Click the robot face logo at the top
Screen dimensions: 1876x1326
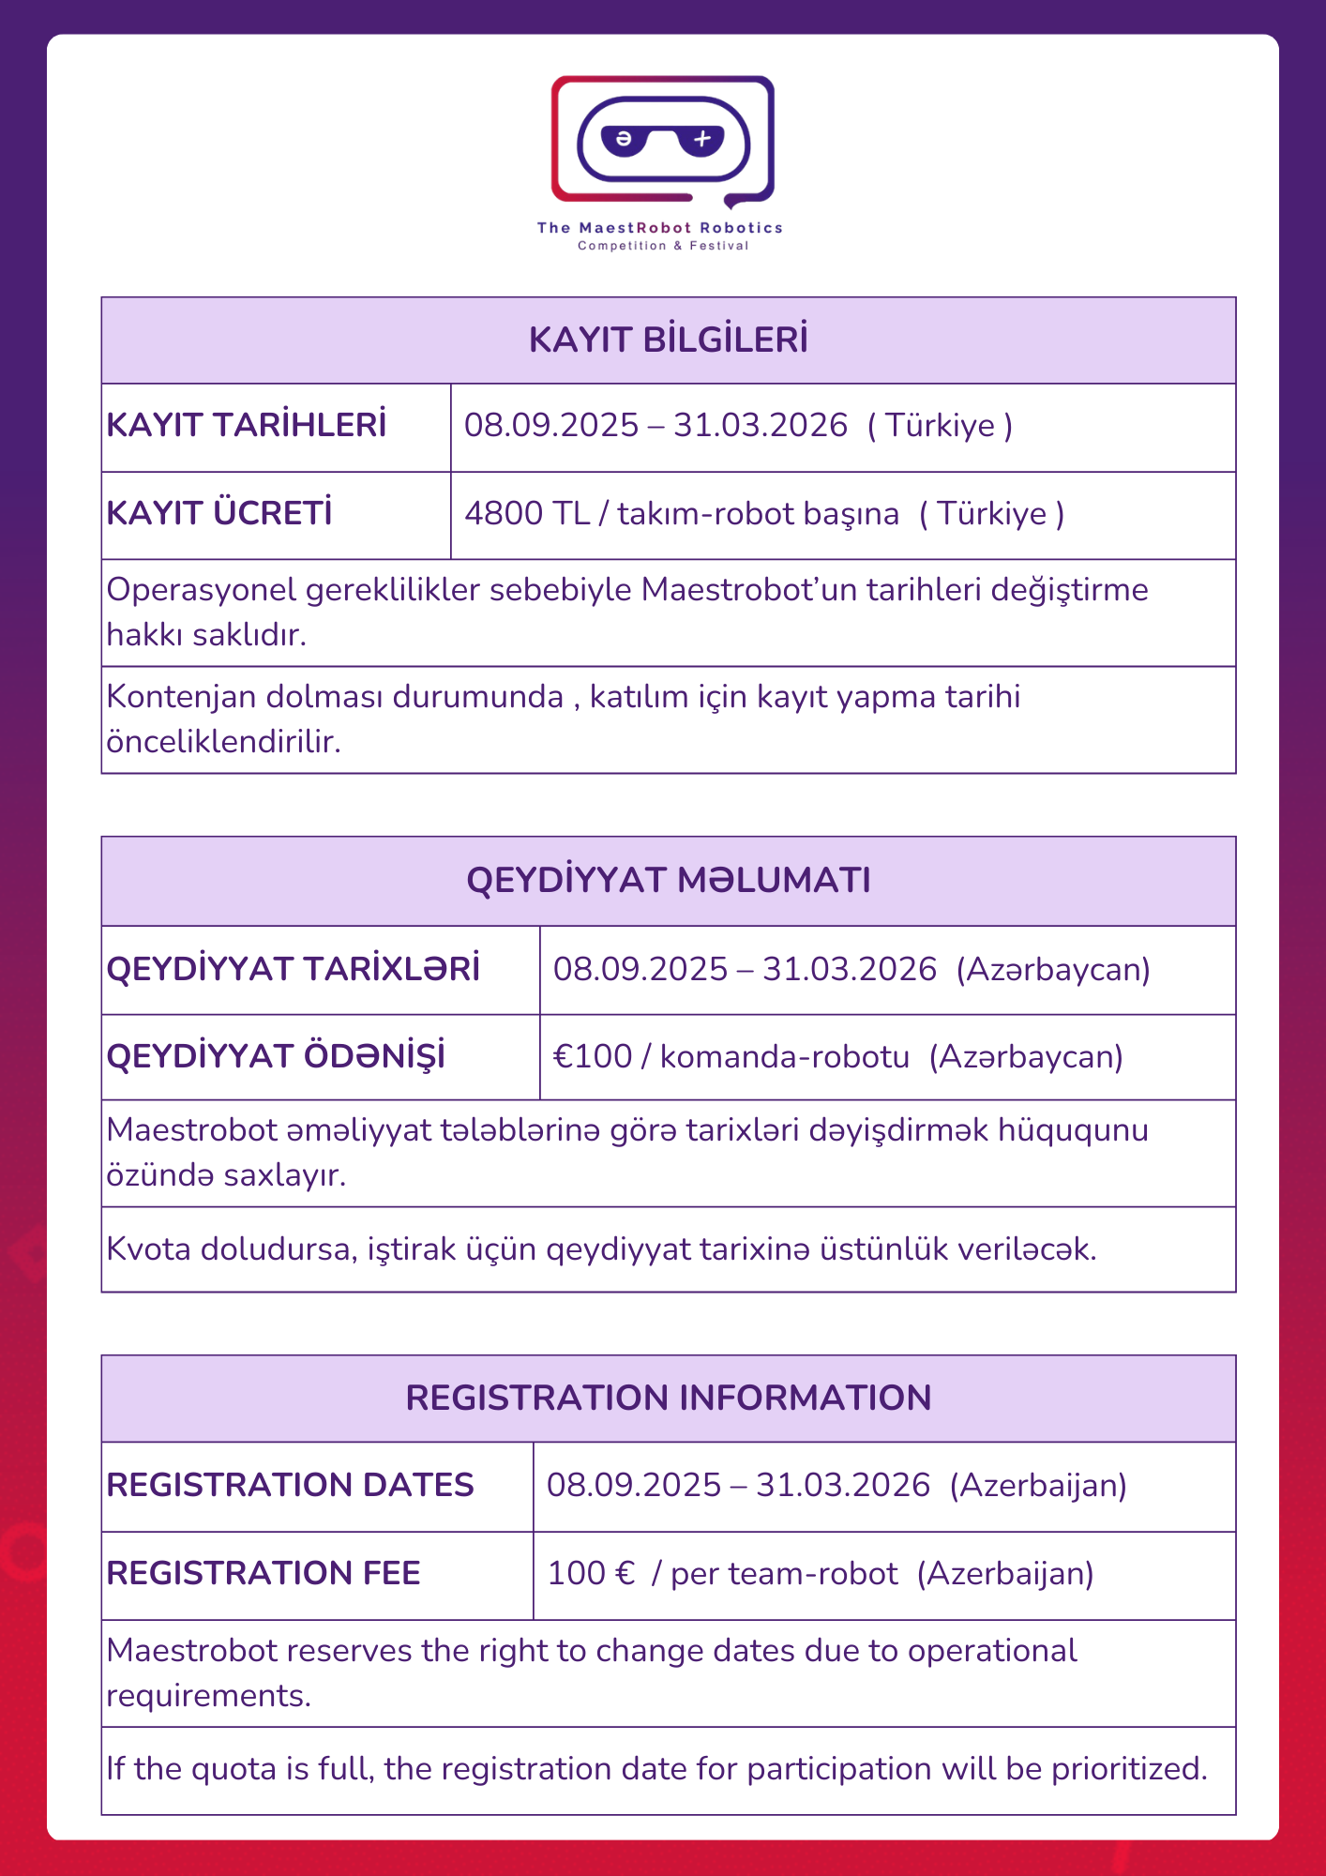(662, 141)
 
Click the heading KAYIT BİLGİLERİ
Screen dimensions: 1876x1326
(668, 340)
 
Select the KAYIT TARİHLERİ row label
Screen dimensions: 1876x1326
(247, 425)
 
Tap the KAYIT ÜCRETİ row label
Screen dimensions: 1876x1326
(219, 513)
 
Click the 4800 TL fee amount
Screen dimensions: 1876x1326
(526, 514)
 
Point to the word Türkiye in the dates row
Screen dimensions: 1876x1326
(940, 426)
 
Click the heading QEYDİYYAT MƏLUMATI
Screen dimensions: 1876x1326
(668, 880)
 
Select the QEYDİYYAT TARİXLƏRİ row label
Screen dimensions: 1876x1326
(293, 969)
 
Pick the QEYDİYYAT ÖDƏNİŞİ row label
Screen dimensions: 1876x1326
(276, 1056)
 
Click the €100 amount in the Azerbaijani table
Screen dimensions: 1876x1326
(593, 1057)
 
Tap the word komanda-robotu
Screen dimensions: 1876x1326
(784, 1057)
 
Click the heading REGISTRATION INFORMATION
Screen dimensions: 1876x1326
(668, 1398)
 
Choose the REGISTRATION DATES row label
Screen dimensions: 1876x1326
(290, 1485)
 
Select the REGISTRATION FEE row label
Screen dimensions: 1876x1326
(264, 1573)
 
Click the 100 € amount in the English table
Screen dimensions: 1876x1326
(591, 1573)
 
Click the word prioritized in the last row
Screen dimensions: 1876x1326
(1128, 1769)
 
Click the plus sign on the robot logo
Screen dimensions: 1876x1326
(702, 140)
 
